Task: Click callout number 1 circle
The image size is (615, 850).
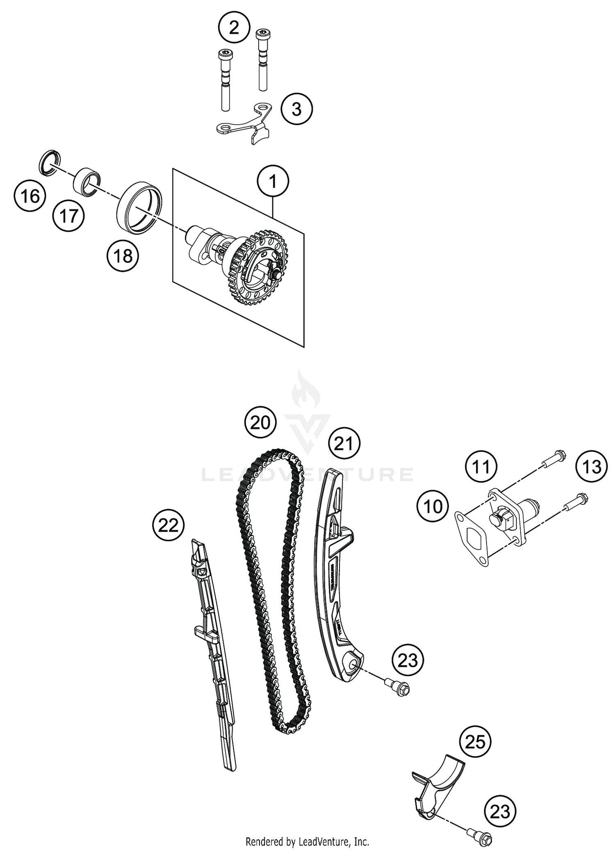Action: click(273, 181)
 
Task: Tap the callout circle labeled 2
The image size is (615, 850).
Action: click(234, 28)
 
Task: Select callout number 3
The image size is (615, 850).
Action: click(296, 109)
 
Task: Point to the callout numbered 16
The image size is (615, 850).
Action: click(30, 196)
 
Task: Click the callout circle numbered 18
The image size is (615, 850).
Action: click(123, 256)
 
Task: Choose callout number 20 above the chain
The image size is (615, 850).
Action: click(260, 423)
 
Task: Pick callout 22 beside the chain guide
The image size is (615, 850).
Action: click(168, 525)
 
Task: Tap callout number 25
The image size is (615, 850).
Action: click(475, 742)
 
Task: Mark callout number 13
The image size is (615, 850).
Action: click(591, 467)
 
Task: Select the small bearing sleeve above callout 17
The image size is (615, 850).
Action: click(87, 181)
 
